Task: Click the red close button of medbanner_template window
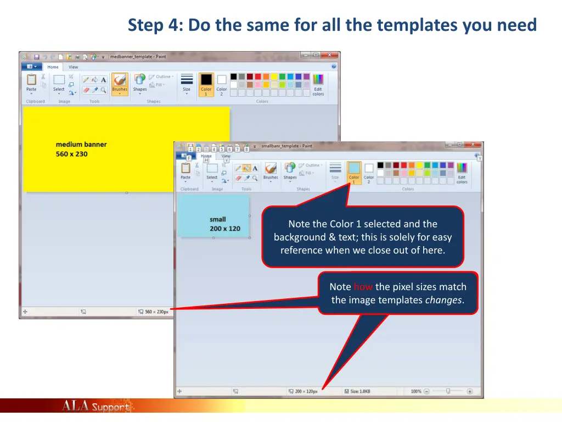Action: click(329, 55)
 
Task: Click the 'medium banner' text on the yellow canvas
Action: click(81, 145)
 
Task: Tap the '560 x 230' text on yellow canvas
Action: click(71, 154)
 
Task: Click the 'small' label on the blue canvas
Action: click(218, 219)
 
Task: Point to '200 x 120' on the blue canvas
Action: click(225, 229)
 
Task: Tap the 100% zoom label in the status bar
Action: click(416, 391)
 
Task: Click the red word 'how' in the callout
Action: click(363, 287)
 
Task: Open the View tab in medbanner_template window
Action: click(73, 67)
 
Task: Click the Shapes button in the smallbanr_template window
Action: click(290, 171)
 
